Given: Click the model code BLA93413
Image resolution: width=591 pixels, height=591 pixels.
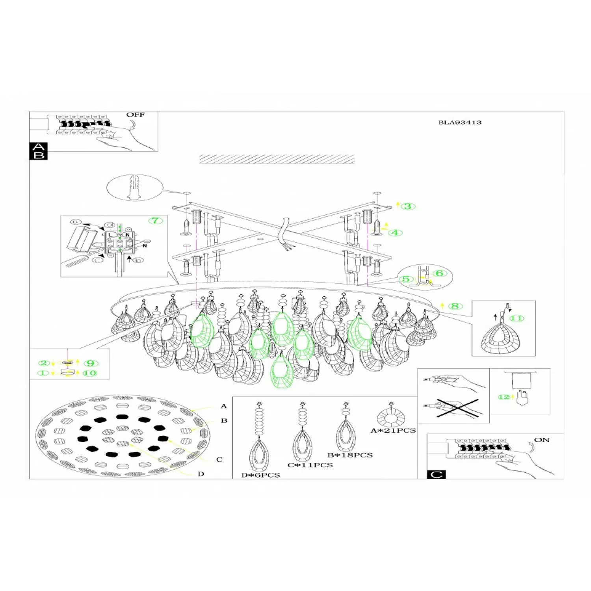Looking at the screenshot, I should (460, 123).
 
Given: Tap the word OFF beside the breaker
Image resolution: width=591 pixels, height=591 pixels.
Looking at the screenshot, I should (135, 115).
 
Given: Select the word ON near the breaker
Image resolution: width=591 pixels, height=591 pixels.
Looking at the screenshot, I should (542, 440).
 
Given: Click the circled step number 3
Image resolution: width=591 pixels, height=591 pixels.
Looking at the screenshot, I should (408, 206).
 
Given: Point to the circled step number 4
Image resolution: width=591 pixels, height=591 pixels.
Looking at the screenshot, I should (395, 233).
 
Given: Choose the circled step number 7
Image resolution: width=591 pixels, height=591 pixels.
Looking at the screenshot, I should (156, 221).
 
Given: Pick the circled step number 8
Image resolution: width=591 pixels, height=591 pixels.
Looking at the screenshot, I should (455, 306).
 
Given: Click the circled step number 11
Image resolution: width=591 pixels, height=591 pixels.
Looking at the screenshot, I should (517, 318).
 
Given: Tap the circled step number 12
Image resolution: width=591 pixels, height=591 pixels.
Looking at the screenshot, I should (504, 397).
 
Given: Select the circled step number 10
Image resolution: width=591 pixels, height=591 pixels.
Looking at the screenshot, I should (90, 373).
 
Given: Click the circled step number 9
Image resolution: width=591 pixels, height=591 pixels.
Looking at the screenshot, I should (91, 363).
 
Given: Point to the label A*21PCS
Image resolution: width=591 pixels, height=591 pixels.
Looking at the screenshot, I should (393, 431).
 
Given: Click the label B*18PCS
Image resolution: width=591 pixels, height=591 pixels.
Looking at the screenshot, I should (350, 455).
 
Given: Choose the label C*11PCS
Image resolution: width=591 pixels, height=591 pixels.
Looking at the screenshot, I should (310, 465).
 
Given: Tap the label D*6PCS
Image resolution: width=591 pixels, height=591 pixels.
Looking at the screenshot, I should (260, 475).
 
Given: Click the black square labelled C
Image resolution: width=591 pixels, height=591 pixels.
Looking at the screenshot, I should (436, 474).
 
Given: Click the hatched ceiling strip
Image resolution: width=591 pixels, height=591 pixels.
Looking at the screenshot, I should (277, 159).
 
